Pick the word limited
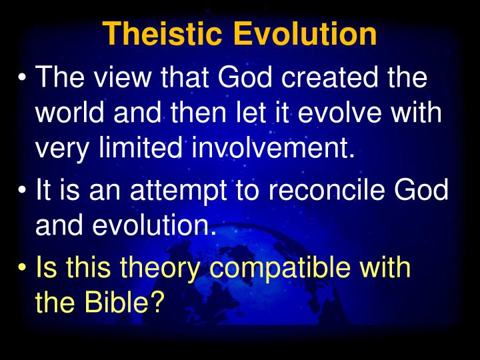pos(139,148)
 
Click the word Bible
pos(124,304)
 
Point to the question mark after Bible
pos(157,304)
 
